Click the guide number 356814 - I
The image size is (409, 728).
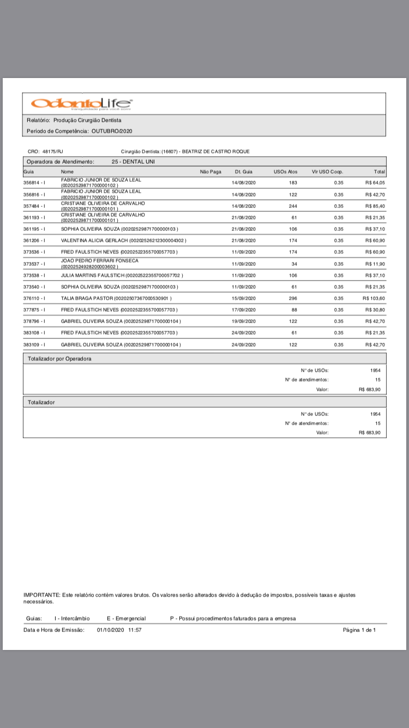[x=34, y=183]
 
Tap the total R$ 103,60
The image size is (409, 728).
[x=374, y=299]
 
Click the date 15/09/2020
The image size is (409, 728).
[x=244, y=299]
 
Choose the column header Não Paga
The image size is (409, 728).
[x=210, y=172]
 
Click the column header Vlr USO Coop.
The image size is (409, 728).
[x=327, y=172]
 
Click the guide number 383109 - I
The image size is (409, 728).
[x=34, y=345]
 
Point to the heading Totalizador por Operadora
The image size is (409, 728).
[x=59, y=359]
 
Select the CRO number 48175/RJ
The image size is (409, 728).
[x=53, y=151]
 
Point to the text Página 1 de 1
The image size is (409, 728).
[x=359, y=630]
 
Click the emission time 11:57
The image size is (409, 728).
[x=135, y=630]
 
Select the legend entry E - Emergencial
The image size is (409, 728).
[x=126, y=618]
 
